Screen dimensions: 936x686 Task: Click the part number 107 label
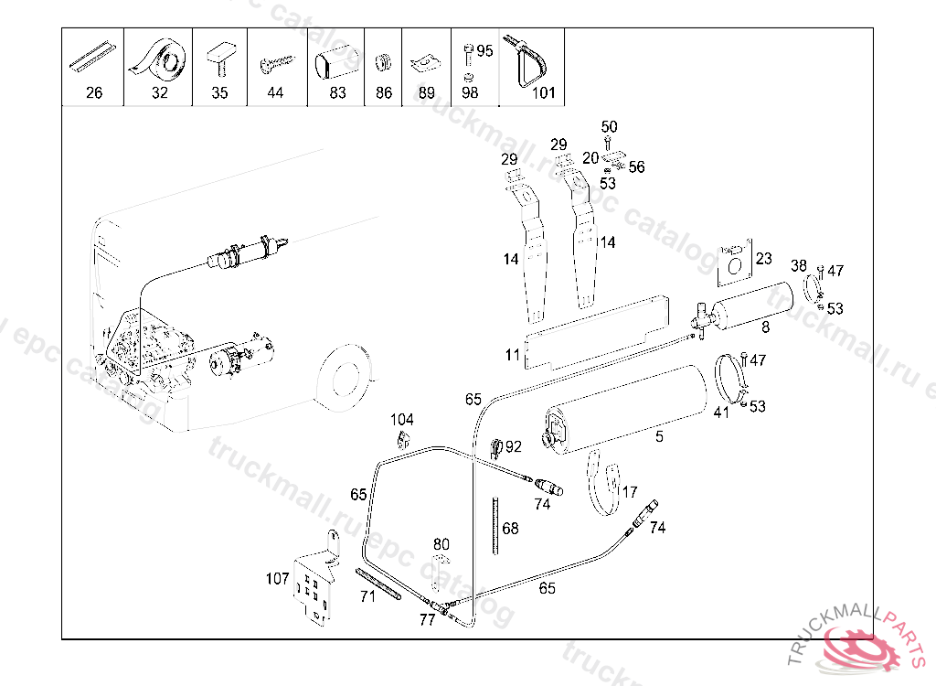[278, 578]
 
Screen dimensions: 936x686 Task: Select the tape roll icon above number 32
[158, 60]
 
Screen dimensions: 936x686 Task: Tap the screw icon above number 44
[277, 63]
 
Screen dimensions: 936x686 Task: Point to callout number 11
[513, 355]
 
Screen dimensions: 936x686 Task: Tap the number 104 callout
[402, 420]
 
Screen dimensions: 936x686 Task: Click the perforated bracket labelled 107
[315, 580]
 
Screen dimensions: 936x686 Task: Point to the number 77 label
[428, 620]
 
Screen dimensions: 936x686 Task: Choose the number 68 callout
[510, 529]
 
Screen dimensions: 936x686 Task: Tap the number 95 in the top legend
[484, 51]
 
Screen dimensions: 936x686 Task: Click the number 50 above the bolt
[609, 127]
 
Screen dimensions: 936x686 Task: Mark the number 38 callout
[799, 265]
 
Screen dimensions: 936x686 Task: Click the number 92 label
[514, 446]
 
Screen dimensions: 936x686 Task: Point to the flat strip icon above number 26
[92, 58]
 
